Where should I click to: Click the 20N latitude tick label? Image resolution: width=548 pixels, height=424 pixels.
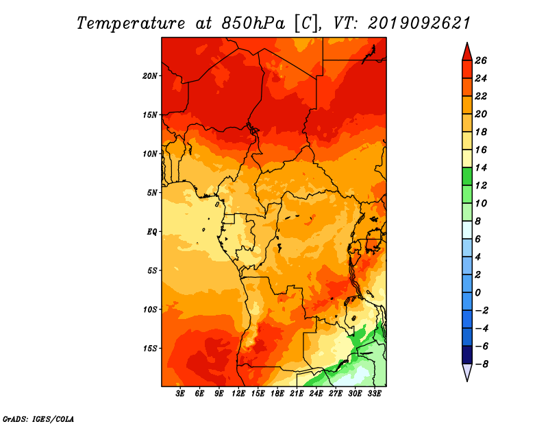tap(149, 76)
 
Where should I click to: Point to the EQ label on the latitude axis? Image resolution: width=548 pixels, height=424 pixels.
tap(152, 232)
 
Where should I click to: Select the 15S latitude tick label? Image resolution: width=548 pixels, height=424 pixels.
tap(149, 349)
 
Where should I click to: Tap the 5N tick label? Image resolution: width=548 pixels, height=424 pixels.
tap(152, 193)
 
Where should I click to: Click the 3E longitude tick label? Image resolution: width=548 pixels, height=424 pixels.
tap(180, 394)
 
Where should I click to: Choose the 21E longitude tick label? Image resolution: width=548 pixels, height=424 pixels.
tap(297, 394)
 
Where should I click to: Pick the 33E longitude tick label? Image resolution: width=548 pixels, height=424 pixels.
tap(374, 394)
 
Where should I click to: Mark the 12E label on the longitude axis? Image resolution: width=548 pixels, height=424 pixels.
tap(238, 394)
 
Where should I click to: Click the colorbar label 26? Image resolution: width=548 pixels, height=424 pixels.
tap(481, 60)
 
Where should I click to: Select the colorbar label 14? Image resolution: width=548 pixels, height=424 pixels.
tap(481, 167)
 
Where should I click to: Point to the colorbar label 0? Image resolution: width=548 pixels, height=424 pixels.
tap(477, 292)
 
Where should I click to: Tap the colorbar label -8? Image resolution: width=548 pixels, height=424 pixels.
tap(482, 364)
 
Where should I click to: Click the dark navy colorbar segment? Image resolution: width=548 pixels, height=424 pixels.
tap(467, 355)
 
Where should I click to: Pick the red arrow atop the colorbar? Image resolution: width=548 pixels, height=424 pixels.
tap(467, 52)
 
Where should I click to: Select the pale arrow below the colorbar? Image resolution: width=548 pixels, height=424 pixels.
tap(467, 373)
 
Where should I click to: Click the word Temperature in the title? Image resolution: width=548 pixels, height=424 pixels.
tap(131, 23)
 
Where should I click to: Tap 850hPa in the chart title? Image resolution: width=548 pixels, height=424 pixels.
tap(253, 23)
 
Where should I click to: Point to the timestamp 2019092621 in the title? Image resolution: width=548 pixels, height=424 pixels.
tap(419, 23)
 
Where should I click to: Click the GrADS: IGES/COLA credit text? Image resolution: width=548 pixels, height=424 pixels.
tap(38, 419)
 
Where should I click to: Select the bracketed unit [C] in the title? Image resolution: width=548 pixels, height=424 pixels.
tap(306, 23)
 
